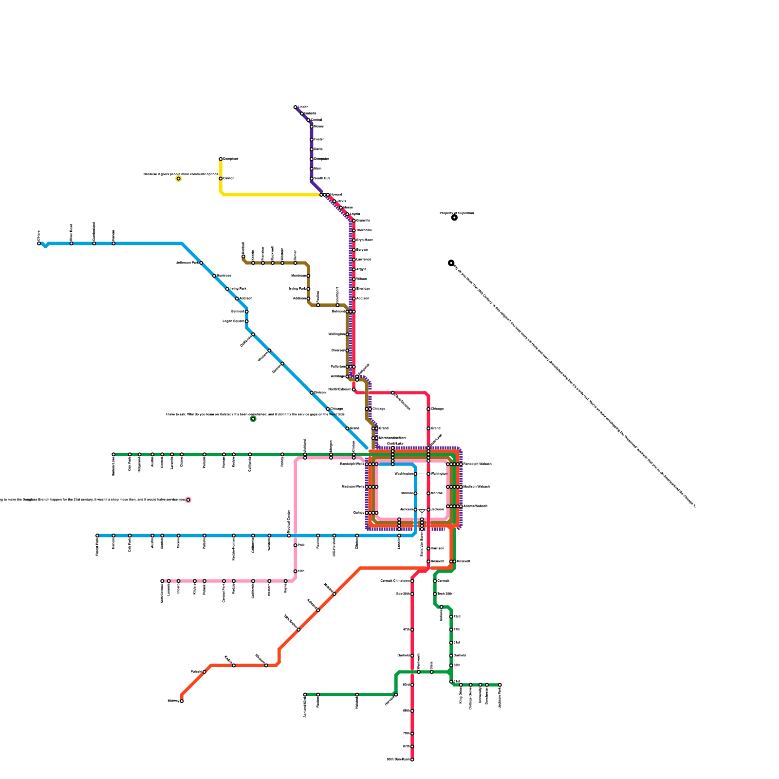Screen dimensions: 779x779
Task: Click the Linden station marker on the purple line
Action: point(296,107)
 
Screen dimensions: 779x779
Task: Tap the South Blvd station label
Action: point(322,179)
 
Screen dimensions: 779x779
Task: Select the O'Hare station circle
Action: point(39,243)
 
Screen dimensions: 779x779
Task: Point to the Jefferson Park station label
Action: point(187,263)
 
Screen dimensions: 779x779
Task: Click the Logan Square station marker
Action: point(247,321)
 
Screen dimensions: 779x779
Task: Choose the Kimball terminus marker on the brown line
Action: point(243,256)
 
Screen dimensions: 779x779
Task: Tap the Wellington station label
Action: point(336,334)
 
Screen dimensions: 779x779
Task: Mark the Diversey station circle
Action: point(347,351)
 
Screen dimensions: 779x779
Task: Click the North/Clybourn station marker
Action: point(354,389)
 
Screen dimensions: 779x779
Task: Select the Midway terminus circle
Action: point(182,701)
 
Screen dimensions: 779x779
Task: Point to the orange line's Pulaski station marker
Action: point(204,672)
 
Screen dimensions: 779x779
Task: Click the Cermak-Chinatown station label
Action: point(395,581)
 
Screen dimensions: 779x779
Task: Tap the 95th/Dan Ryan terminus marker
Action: point(412,760)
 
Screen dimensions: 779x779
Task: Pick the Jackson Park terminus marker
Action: point(500,685)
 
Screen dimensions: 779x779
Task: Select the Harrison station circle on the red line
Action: point(428,549)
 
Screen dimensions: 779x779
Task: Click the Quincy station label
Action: point(359,513)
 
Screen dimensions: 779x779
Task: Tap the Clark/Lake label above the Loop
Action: point(395,444)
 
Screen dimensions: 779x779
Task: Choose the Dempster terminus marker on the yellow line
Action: point(221,159)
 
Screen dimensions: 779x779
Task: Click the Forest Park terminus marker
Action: point(97,536)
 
